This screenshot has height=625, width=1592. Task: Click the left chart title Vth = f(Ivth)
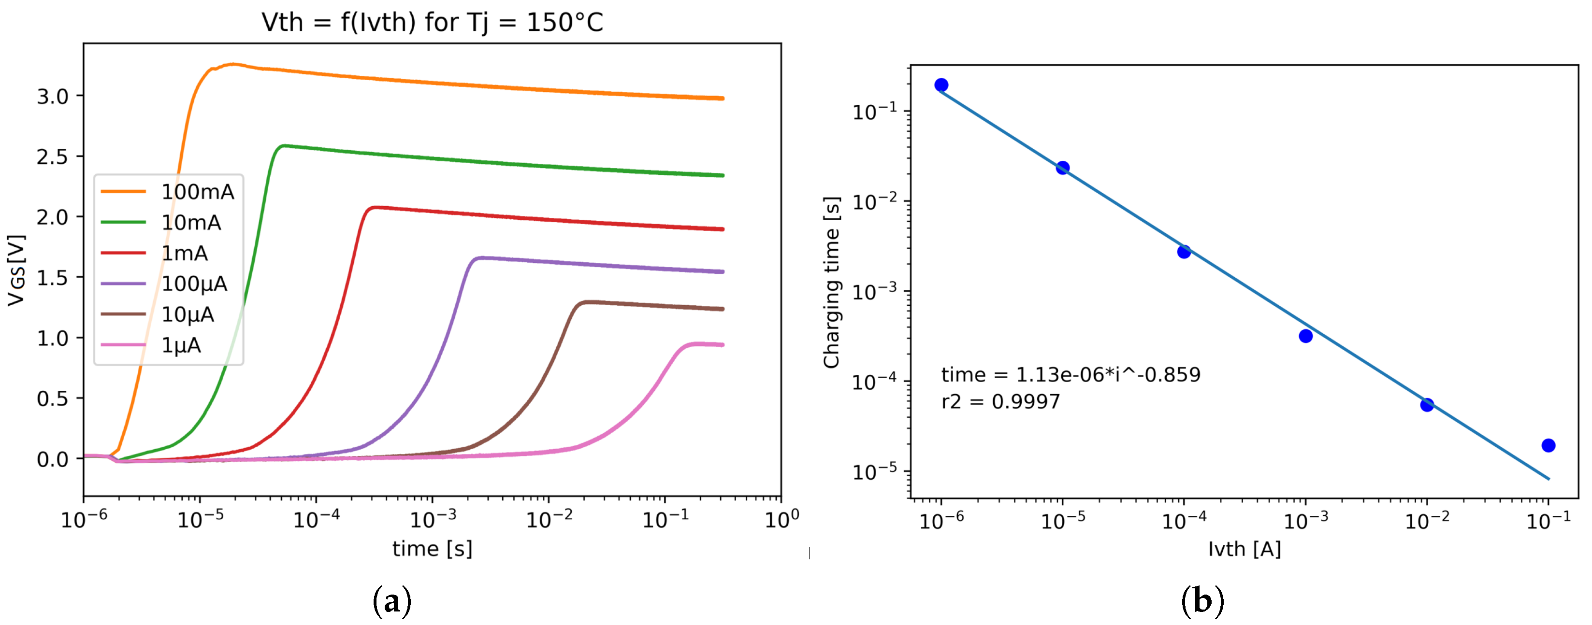click(x=432, y=22)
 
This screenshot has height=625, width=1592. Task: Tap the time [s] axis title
click(x=432, y=548)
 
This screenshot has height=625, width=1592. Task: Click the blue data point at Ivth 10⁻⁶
click(x=941, y=85)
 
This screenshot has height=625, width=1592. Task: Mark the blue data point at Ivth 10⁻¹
click(x=1548, y=445)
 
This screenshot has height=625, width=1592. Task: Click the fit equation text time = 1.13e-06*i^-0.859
click(x=1071, y=375)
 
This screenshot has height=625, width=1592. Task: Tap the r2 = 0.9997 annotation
click(x=1000, y=402)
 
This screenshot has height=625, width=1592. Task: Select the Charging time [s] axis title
click(x=831, y=282)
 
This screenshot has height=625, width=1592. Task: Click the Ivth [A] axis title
click(x=1244, y=548)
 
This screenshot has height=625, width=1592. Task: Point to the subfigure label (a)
click(x=392, y=601)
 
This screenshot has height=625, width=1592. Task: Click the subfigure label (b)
click(x=1202, y=601)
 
